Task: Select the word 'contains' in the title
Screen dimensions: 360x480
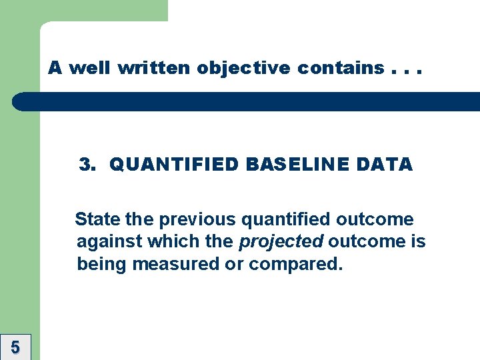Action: (x=341, y=68)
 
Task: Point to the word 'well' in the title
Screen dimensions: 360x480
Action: (x=89, y=68)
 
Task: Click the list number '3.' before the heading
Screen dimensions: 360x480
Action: (x=88, y=164)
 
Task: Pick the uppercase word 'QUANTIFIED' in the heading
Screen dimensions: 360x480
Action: (x=174, y=164)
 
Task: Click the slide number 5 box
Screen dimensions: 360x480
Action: (x=15, y=347)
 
